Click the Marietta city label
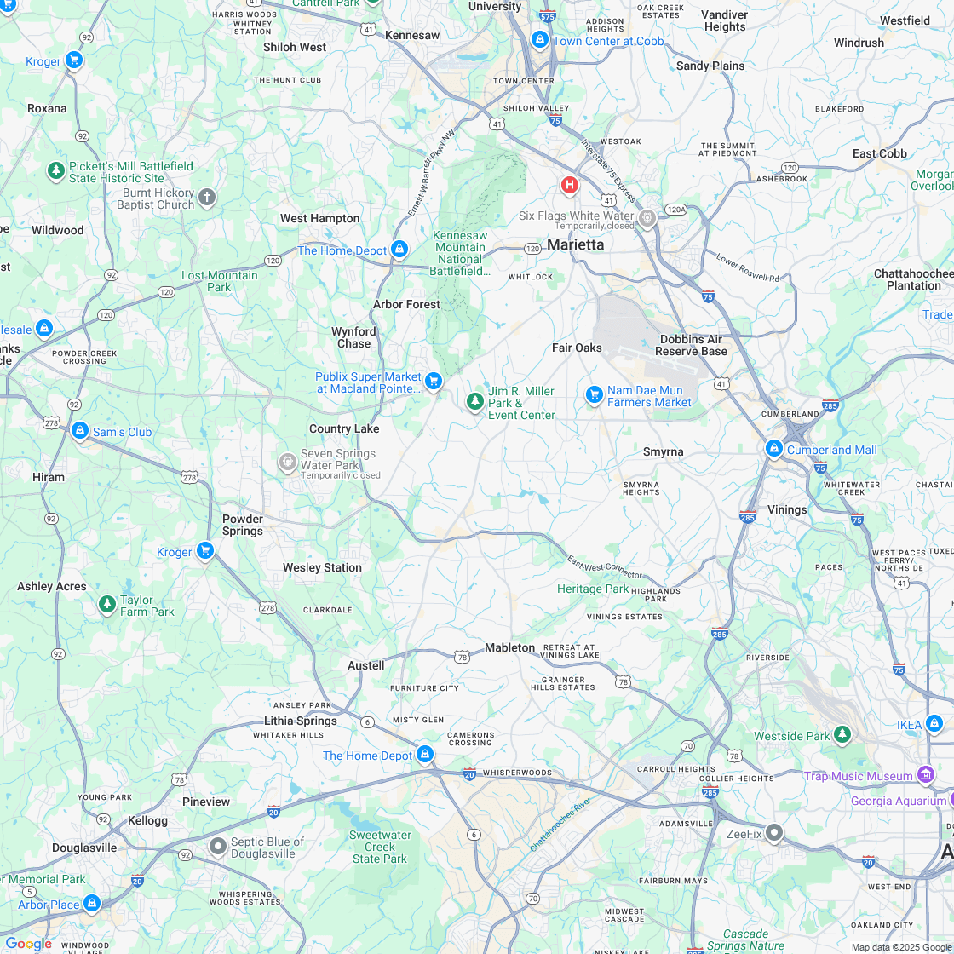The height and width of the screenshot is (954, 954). coord(575,244)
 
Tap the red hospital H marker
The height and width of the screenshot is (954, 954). coord(569,184)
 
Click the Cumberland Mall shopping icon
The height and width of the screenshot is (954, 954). coord(773,448)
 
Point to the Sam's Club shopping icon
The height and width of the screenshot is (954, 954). coord(79,431)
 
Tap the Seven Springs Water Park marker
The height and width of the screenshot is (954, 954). coord(287,462)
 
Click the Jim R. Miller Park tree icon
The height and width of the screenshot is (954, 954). coord(474,400)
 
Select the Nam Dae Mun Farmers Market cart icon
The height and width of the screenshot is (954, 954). coord(594,394)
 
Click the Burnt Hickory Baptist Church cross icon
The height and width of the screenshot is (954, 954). coord(206,198)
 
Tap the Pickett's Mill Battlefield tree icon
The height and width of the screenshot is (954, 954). coord(55,171)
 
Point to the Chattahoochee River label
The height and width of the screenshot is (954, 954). coord(560,825)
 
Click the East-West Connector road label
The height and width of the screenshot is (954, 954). coord(605,568)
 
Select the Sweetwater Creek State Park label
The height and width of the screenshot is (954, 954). coord(380,847)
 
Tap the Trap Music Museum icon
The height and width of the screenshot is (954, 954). coord(925,775)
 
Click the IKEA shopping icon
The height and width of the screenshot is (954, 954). coord(934,724)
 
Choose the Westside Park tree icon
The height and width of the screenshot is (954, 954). coord(842,734)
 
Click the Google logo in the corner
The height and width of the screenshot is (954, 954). coord(28,944)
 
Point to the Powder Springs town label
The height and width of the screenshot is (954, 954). coord(243,525)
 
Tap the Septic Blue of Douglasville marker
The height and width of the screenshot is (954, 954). coord(217,846)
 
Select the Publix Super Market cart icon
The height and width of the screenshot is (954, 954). coord(434,381)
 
